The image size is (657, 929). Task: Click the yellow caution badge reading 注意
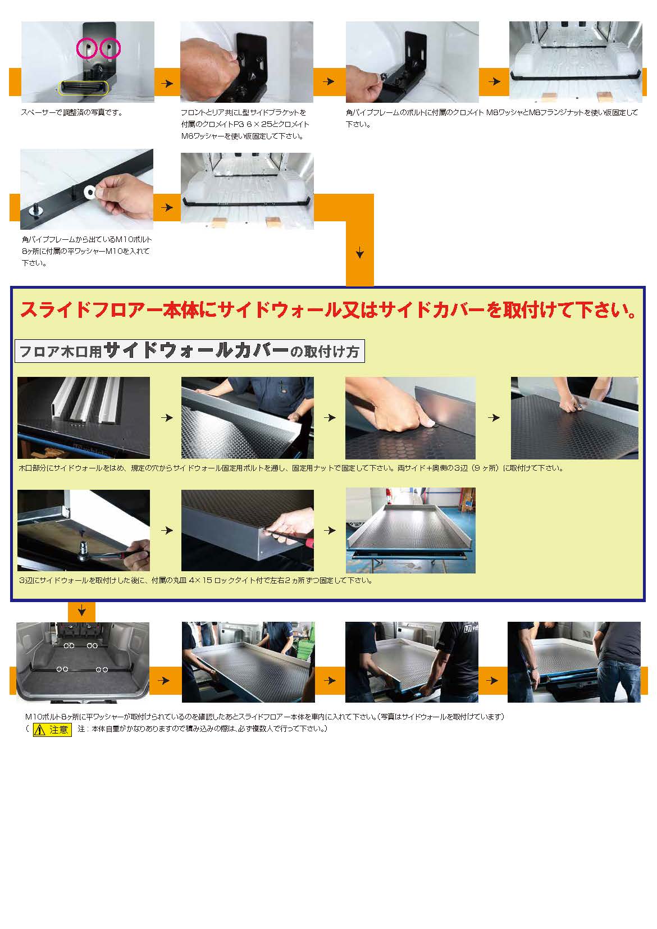pos(52,729)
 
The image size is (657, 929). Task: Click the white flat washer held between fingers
pos(89,191)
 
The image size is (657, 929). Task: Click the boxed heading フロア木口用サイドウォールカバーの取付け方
pos(189,351)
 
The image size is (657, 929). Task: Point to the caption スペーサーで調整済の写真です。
pos(72,112)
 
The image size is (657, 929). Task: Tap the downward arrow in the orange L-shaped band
pos(360,252)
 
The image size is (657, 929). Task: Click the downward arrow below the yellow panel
pos(81,610)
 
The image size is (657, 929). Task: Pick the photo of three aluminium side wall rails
pos(83,417)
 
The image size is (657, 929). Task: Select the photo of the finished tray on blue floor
pos(410,530)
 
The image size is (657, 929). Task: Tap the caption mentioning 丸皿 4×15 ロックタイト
pos(195,580)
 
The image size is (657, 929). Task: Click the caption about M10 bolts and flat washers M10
pos(86,251)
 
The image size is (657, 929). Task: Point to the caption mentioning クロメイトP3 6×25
pos(245,124)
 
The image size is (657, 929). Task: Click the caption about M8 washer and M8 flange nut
pos(491,118)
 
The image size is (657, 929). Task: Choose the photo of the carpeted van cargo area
pos(83,662)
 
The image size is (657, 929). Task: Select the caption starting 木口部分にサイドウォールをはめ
pos(291,468)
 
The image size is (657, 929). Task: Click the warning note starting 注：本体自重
pos(203,729)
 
